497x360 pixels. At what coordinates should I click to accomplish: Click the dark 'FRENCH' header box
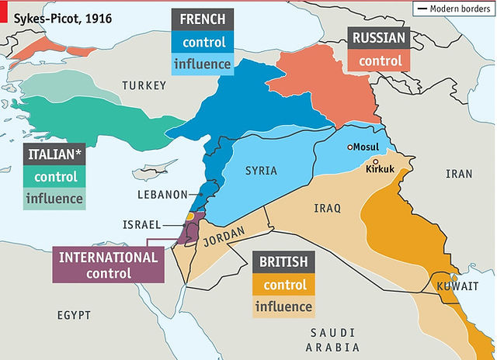pos(204,19)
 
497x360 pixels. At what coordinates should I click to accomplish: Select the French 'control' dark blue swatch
pos(204,42)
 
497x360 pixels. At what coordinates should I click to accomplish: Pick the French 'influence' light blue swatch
pos(204,64)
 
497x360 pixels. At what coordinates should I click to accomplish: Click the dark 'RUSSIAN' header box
pos(380,37)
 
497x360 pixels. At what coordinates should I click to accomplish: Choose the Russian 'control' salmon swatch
pos(380,61)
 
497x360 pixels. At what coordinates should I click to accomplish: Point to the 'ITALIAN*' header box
pos(54,154)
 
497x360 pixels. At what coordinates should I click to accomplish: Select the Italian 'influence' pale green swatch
pos(54,198)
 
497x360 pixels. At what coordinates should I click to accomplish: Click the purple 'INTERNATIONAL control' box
pos(108,265)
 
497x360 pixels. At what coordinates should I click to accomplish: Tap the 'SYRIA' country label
pos(261,170)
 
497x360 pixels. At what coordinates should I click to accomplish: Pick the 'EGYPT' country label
pos(73,315)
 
